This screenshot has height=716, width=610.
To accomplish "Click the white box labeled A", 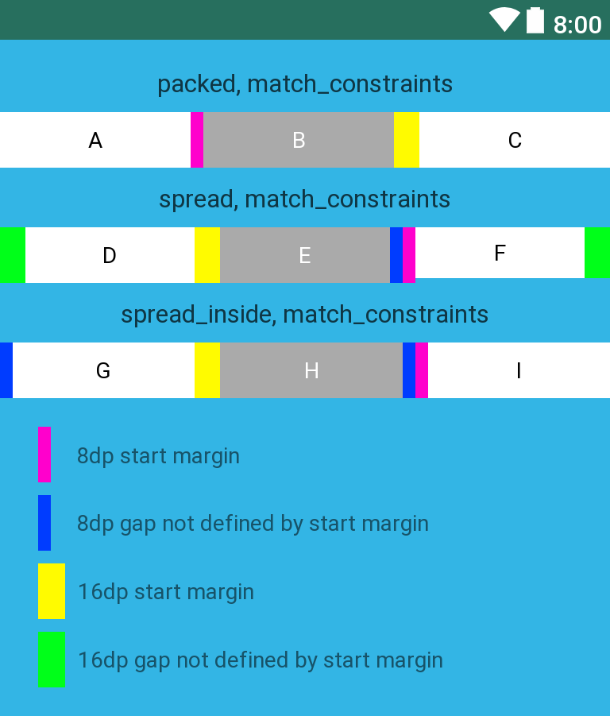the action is [x=95, y=140].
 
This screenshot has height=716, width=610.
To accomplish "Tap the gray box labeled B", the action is [x=299, y=140].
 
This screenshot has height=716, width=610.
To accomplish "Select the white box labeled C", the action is [x=515, y=140].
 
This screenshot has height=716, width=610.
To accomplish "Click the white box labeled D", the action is [x=110, y=255].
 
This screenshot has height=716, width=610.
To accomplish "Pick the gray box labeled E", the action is [x=305, y=255].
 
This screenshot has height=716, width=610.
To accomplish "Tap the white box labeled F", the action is [x=500, y=253].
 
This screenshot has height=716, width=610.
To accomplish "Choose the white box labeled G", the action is [x=103, y=370].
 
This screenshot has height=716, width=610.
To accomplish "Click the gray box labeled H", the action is [x=311, y=370].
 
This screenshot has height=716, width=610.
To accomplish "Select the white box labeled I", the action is [x=519, y=370].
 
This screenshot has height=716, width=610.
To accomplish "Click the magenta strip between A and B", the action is [x=197, y=140].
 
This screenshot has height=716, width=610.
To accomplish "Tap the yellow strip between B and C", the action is [x=407, y=140].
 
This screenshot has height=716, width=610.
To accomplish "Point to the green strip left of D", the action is [x=13, y=255].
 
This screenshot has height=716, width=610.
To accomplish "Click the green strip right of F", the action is [x=597, y=253].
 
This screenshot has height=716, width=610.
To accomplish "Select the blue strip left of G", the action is [x=6, y=370].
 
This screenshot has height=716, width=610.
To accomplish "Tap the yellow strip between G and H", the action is [x=207, y=370].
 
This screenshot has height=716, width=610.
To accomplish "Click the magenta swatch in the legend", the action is [x=44, y=455].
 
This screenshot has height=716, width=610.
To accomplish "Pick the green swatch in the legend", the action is [x=51, y=660].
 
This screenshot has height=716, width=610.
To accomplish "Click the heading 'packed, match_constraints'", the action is [x=305, y=83].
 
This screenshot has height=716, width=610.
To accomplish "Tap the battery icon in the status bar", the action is [x=535, y=21].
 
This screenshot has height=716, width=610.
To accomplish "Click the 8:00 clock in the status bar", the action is [x=577, y=25].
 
